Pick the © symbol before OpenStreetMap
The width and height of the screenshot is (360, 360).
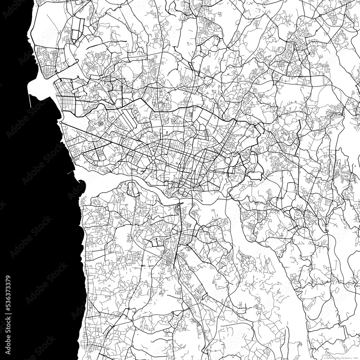pyautogui.click(x=325, y=358)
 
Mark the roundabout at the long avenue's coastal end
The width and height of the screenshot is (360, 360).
pyautogui.click(x=61, y=123)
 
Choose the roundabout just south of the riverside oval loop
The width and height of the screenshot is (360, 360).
pyautogui.click(x=148, y=218)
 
